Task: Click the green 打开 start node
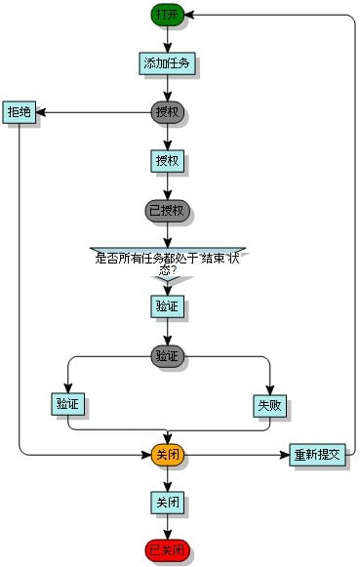(x=167, y=15)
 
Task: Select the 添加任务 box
(x=167, y=63)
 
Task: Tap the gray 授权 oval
(x=167, y=112)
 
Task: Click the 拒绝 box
(x=19, y=112)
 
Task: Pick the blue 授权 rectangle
(x=167, y=160)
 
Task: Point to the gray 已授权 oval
(x=167, y=210)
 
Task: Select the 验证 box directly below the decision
(x=167, y=306)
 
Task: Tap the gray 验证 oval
(x=167, y=356)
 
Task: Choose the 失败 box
(x=268, y=404)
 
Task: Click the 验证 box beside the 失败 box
(x=67, y=404)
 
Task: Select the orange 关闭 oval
(x=167, y=455)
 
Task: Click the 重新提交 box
(x=317, y=455)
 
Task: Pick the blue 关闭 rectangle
(x=167, y=503)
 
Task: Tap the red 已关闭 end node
(x=167, y=551)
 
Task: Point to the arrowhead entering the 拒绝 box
(x=41, y=112)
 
